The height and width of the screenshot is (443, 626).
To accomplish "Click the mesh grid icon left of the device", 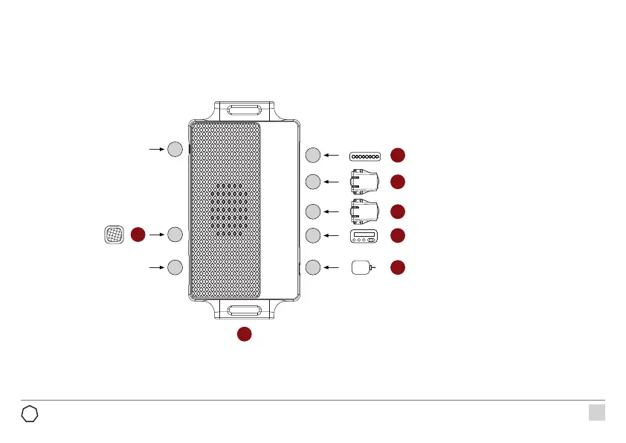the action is (113, 235).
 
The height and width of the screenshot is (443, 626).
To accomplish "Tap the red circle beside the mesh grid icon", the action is (138, 235).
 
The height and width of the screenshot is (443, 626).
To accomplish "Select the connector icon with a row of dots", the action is (365, 156).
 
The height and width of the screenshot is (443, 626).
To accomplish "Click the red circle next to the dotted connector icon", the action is (398, 155).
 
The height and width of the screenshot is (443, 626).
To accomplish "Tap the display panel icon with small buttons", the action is (365, 238).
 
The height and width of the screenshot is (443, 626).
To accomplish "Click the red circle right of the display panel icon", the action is (398, 235).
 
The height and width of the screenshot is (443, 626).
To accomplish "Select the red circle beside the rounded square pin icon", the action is (398, 267).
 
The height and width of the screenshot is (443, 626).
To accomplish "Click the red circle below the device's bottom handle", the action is (244, 334).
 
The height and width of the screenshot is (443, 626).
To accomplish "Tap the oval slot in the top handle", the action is (243, 111).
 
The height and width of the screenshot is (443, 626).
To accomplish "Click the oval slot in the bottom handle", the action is (243, 311).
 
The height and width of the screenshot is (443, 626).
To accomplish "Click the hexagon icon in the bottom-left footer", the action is (30, 413).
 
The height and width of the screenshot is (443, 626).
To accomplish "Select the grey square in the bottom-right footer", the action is (596, 412).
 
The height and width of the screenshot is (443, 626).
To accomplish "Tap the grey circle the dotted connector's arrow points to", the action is (313, 155).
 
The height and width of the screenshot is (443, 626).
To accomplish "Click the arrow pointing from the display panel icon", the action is (332, 236).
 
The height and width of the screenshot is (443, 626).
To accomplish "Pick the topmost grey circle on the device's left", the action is (174, 149).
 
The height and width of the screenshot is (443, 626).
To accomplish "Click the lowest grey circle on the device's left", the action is (174, 267).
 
